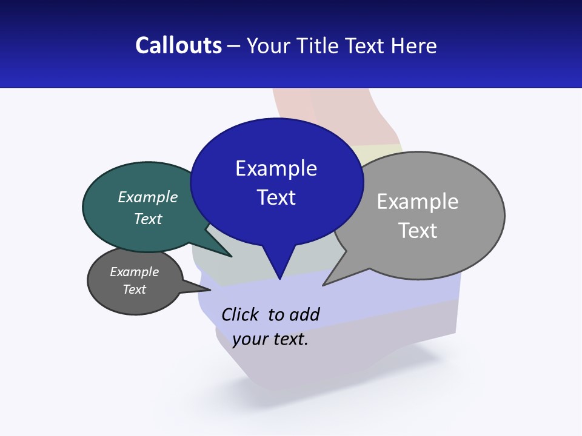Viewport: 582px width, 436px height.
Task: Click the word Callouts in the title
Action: click(179, 46)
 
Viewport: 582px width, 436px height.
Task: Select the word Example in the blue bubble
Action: click(276, 168)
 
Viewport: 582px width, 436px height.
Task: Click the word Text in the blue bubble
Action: click(276, 197)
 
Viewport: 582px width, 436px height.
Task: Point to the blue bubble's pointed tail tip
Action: click(279, 279)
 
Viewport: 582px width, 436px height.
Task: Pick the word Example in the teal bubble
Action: click(148, 197)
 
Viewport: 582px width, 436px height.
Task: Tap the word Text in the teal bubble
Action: click(148, 219)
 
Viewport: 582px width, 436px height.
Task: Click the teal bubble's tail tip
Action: click(231, 256)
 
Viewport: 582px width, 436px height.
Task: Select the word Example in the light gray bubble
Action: click(418, 202)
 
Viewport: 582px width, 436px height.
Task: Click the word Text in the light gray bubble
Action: click(418, 231)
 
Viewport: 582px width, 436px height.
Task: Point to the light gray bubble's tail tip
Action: click(324, 285)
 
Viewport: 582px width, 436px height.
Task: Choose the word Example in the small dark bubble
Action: click(134, 272)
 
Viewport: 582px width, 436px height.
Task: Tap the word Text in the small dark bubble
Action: click(134, 289)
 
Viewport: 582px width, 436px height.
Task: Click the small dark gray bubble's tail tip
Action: click(210, 290)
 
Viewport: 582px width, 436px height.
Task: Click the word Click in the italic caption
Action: click(241, 314)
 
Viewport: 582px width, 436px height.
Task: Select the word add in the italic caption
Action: click(304, 314)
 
